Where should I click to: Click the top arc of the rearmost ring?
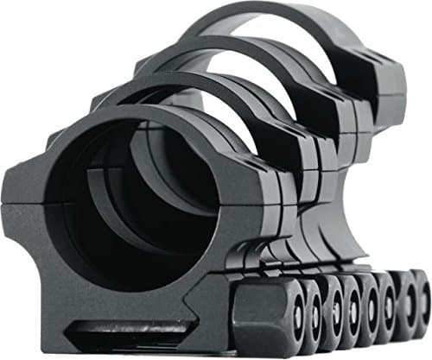click(x=259, y=10)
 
